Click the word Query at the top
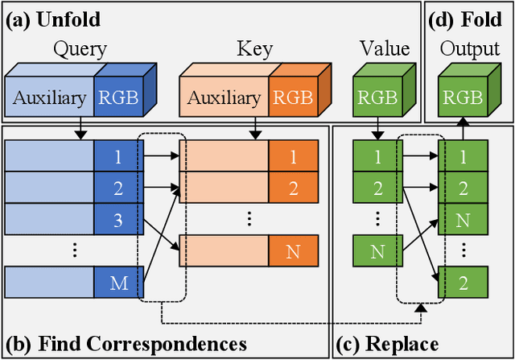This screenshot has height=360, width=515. click(80, 49)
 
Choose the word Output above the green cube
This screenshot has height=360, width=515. click(471, 49)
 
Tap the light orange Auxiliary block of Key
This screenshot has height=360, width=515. click(225, 98)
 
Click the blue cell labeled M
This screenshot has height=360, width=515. click(117, 283)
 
